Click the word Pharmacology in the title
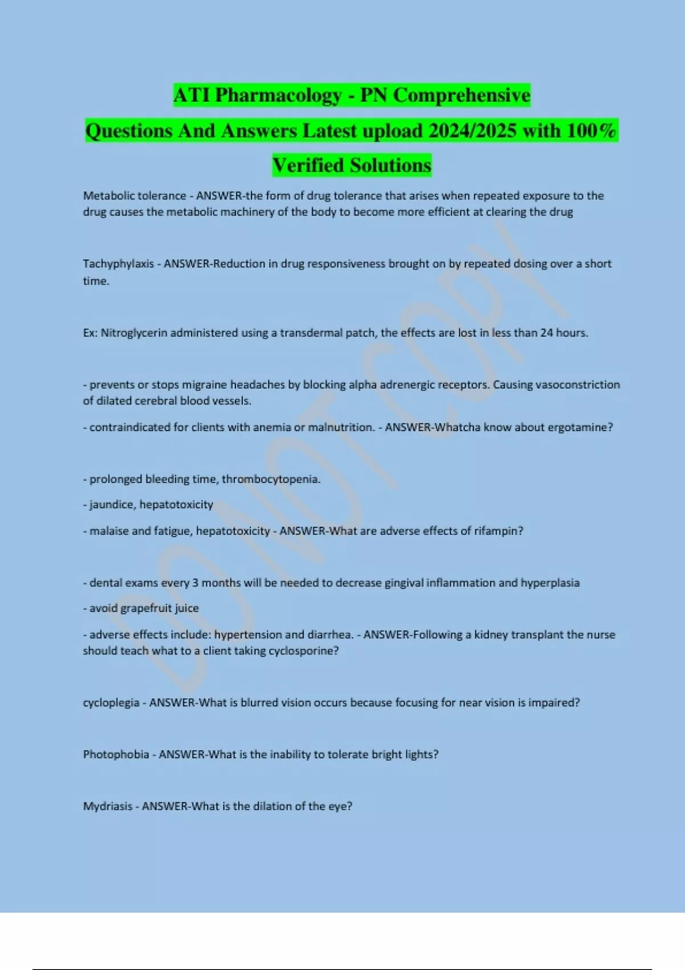(x=278, y=95)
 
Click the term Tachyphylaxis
(x=118, y=264)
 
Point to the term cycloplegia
(x=111, y=703)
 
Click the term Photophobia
(x=116, y=754)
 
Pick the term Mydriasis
(x=107, y=806)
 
